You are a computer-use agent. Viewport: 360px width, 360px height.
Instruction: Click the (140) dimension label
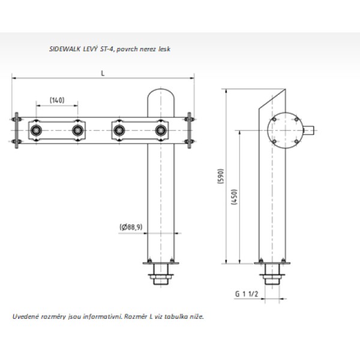[57, 100]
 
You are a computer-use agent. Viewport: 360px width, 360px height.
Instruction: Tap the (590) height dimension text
[220, 176]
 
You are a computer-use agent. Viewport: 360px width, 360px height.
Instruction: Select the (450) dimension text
[234, 197]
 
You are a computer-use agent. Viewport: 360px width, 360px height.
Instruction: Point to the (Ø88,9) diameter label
[131, 227]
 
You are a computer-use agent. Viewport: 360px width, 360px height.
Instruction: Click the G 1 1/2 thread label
[247, 294]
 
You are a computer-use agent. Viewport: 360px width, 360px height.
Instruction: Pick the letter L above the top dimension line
[103, 73]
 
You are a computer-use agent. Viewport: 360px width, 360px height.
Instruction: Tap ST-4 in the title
[107, 49]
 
